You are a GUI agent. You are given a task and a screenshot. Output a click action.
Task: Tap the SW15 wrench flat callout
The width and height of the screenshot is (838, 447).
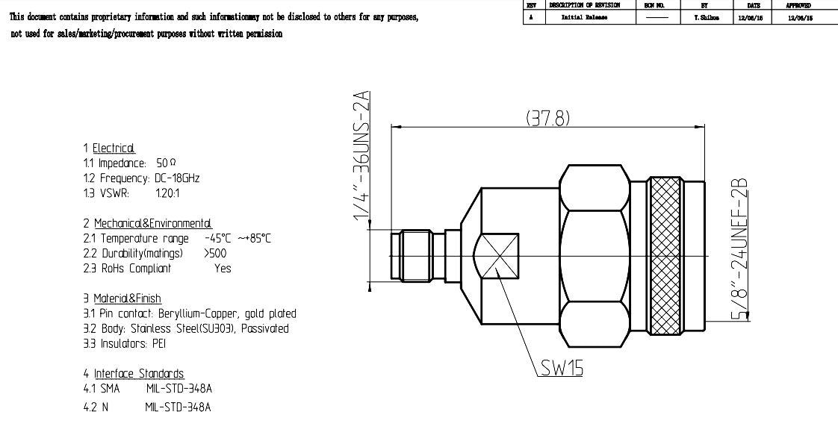561,369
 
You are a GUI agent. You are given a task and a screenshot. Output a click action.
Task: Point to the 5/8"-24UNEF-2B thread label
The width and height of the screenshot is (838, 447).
741,251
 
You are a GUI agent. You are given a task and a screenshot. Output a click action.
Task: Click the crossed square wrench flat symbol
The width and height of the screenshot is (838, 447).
497,256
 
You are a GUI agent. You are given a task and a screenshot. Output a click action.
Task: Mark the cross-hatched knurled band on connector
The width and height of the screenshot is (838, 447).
666,256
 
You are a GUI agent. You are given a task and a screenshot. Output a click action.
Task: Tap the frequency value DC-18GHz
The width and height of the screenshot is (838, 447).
177,178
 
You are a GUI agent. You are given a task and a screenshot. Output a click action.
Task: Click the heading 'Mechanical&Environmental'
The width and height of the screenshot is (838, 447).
152,223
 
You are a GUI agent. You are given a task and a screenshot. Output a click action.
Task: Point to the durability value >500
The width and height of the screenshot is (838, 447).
217,253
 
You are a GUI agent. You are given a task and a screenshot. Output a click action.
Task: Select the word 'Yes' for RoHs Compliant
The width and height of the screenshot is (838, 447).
223,268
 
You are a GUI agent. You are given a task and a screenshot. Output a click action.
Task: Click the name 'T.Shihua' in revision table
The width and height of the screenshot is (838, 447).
701,17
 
